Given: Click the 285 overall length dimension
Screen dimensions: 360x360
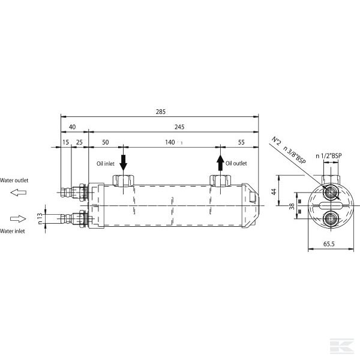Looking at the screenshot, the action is point(160,112).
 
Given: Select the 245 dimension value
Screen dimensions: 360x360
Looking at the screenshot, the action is point(179,127).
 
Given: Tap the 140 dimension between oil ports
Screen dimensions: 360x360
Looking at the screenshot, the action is point(170,142).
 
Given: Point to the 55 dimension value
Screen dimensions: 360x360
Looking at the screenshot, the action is point(241,142).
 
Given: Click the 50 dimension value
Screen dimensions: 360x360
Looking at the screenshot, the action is point(105,142).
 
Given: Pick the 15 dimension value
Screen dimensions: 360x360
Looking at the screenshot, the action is point(65,142).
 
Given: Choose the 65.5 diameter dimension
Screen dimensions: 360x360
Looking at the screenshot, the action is point(329,244).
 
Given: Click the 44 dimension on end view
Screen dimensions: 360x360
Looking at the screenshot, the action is point(274,191).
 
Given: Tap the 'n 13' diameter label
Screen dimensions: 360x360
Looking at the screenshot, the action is point(40,218).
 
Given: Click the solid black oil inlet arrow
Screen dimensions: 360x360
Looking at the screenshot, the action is point(123,163).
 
